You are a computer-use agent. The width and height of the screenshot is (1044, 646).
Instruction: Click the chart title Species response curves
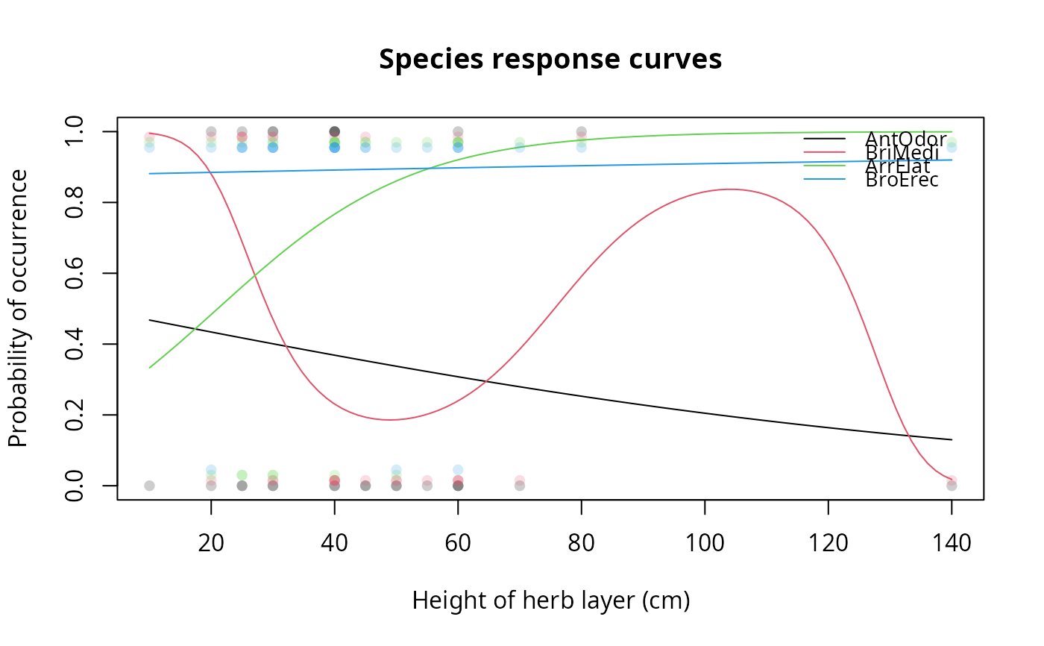(550, 59)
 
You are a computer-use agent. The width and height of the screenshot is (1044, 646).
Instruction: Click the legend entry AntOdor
(905, 139)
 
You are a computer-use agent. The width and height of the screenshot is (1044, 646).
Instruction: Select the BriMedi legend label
(902, 152)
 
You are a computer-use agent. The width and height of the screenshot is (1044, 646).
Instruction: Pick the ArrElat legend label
(898, 166)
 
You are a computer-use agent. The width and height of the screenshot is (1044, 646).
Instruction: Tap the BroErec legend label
(902, 180)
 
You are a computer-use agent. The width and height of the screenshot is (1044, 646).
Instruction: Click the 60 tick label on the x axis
(458, 543)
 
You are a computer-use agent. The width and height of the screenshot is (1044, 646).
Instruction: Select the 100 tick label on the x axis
(705, 543)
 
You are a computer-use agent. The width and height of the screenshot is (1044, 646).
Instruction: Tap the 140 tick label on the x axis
(952, 543)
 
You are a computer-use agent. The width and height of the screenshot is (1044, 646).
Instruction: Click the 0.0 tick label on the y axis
(75, 486)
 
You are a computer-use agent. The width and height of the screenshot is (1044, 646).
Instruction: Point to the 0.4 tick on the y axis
(75, 344)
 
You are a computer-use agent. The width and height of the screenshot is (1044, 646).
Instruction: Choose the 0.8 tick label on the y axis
(75, 202)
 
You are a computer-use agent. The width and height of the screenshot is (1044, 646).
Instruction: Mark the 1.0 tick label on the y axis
(75, 132)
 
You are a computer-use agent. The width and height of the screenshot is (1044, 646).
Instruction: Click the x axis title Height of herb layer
(550, 600)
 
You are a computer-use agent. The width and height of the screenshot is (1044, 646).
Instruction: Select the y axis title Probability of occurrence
(18, 308)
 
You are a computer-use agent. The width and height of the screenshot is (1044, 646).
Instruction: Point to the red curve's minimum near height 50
(389, 419)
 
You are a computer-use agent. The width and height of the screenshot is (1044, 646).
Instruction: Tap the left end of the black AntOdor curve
(150, 320)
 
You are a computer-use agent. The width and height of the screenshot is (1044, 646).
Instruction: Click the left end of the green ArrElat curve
(150, 368)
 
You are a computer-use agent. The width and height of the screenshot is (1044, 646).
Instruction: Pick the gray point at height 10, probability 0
(149, 486)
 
